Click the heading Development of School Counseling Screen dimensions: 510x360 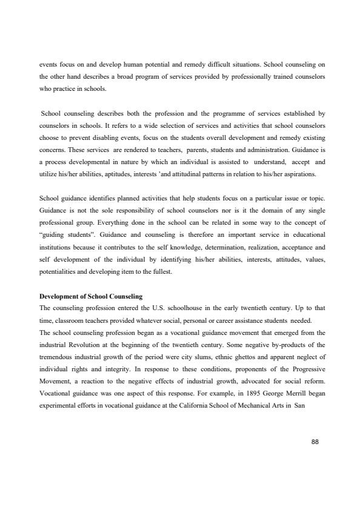[x=90, y=296]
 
